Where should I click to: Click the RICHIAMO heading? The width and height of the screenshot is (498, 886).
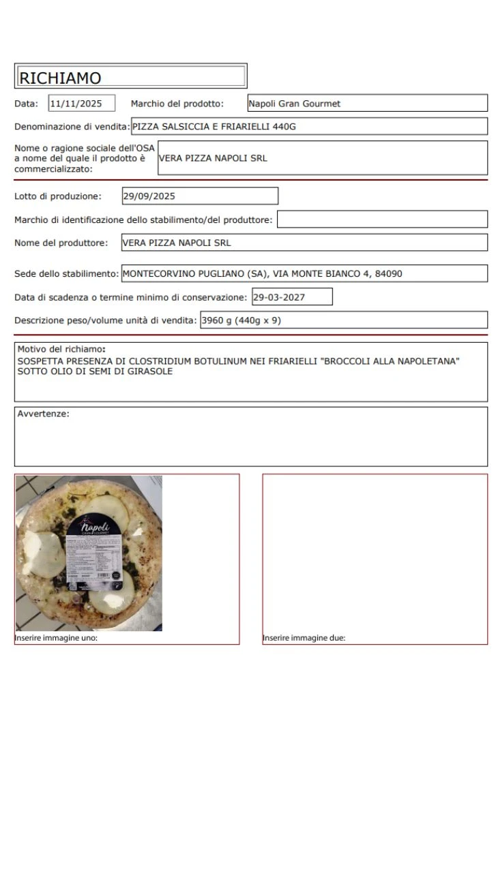[60, 78]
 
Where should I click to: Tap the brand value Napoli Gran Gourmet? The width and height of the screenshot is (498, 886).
[294, 104]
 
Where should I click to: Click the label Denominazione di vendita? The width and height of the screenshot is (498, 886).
[72, 126]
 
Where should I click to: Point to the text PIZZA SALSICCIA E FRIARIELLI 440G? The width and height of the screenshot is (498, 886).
[214, 126]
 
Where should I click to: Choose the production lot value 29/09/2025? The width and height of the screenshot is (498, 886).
[149, 196]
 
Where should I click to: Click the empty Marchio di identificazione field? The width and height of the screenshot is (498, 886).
[382, 219]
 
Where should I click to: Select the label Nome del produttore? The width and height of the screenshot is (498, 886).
[61, 243]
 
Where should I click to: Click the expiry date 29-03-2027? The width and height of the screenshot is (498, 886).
[280, 297]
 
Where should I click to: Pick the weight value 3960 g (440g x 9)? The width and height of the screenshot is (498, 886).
[241, 320]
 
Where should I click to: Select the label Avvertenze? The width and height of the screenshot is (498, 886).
[43, 414]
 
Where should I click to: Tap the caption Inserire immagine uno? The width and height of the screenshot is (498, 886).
[56, 639]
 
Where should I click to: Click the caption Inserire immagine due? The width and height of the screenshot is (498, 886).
[304, 639]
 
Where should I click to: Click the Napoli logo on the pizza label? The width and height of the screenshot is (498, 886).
[95, 528]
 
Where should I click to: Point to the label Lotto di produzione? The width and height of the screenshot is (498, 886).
[58, 196]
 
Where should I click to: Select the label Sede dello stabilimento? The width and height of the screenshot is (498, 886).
[67, 274]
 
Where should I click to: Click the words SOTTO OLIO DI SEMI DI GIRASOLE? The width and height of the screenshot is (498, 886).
[95, 371]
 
